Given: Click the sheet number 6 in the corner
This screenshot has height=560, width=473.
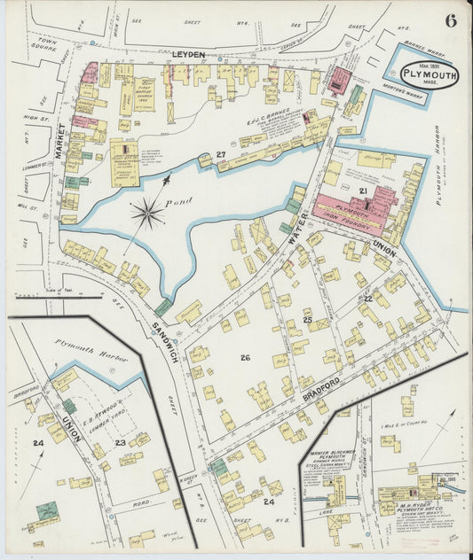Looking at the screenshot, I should pos(451,21).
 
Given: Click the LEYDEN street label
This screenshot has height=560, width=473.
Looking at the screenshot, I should pos(188,55).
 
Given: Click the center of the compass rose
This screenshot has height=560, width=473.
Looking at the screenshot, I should pos(147,213).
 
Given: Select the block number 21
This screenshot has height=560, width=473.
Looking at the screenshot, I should pos(363,191).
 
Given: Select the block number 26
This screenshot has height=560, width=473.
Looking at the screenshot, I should pos(245,357).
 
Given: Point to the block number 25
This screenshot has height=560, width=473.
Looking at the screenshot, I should pos(307,318).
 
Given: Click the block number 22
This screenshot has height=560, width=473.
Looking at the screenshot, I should pos(367,299).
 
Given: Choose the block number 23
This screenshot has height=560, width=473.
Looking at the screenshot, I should pos(120,440).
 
